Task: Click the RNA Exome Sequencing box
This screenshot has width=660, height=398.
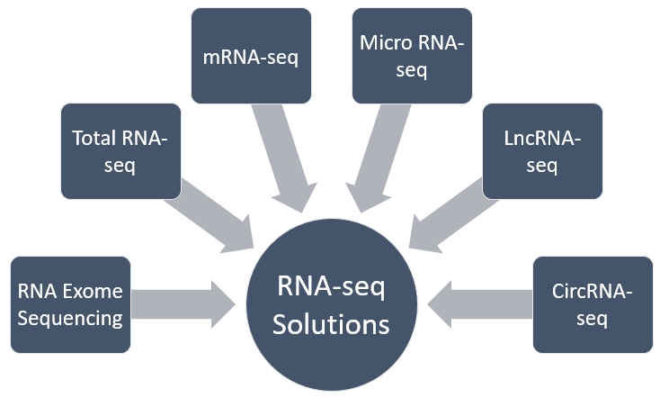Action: (x=70, y=304)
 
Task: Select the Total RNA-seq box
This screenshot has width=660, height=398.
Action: (x=120, y=151)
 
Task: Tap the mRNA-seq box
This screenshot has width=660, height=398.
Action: (x=252, y=56)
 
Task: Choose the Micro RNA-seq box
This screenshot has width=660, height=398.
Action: (x=411, y=56)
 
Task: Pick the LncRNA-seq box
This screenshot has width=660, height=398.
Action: (x=542, y=151)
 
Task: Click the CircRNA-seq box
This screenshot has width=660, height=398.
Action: (x=593, y=304)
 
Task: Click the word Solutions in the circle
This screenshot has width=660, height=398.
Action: (x=333, y=323)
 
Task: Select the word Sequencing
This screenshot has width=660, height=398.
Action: (x=70, y=318)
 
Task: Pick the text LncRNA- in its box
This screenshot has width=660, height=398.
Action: (x=542, y=139)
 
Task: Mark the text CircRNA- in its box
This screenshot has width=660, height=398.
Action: (x=593, y=292)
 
